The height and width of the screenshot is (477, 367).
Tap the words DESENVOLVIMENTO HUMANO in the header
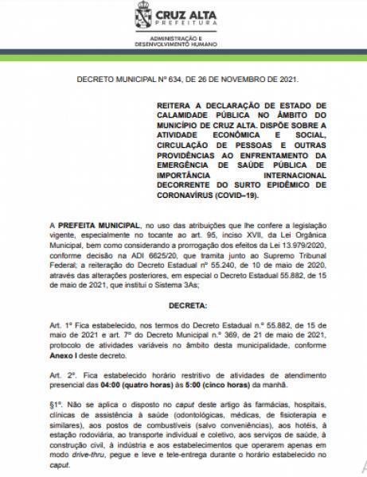[x=182, y=42]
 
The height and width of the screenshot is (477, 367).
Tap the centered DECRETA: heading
[x=183, y=305]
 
